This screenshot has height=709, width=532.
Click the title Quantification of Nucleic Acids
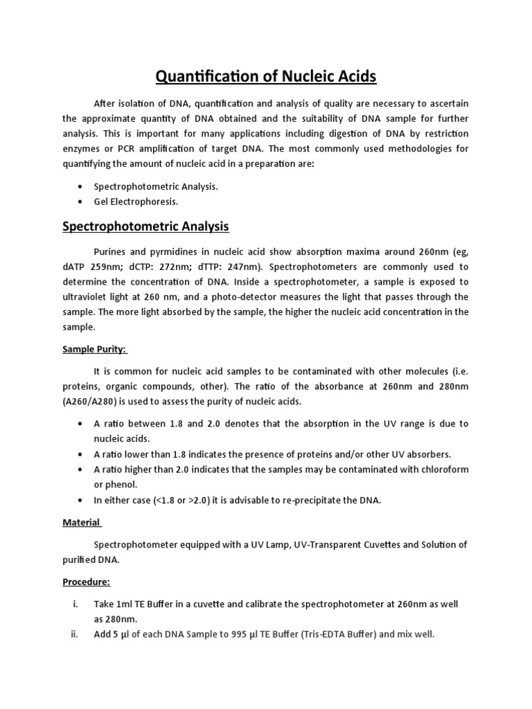(x=265, y=75)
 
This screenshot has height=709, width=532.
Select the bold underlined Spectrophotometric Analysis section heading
(x=146, y=226)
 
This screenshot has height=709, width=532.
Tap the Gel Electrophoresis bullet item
(x=136, y=201)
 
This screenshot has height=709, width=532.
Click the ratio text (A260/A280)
(x=91, y=402)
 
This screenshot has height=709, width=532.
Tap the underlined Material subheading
(x=82, y=523)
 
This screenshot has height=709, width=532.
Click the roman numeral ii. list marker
(x=73, y=633)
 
